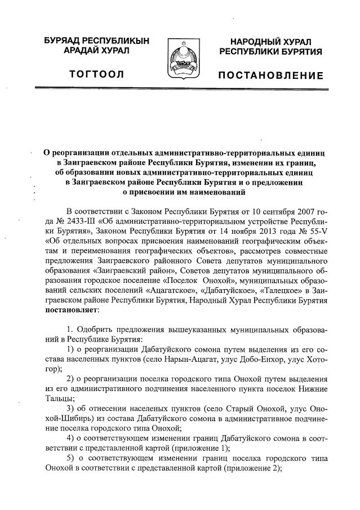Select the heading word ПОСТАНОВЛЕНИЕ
pos(271,76)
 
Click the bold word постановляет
pos(72,309)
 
